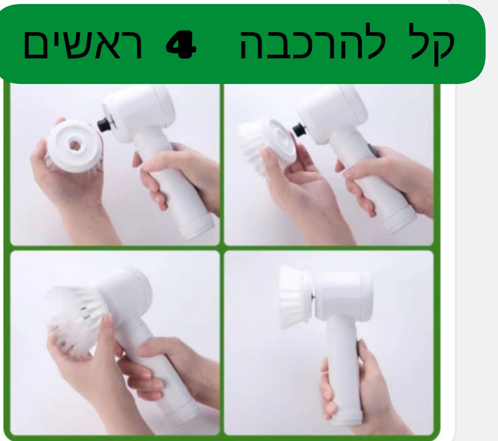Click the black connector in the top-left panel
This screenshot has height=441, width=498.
click(x=103, y=125)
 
